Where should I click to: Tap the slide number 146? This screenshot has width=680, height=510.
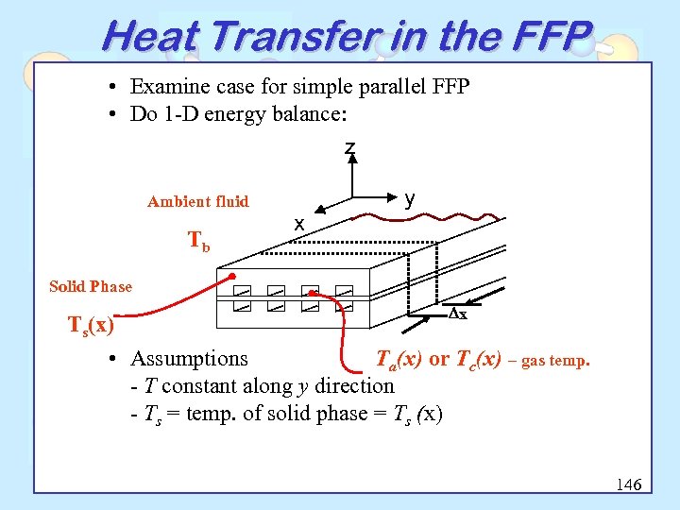[628, 484]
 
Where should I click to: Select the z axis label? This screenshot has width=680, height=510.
[350, 148]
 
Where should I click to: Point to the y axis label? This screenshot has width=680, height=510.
[410, 198]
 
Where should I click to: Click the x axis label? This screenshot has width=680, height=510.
[298, 224]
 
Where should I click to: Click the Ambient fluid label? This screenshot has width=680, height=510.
[198, 201]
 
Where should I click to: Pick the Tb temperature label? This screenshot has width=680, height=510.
[199, 243]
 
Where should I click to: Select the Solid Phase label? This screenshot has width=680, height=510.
[91, 286]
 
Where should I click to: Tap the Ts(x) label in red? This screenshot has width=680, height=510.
[91, 326]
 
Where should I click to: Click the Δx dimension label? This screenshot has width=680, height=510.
[457, 314]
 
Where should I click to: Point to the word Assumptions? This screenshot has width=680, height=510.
[189, 359]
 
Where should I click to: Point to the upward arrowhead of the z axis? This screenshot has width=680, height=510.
[353, 160]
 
